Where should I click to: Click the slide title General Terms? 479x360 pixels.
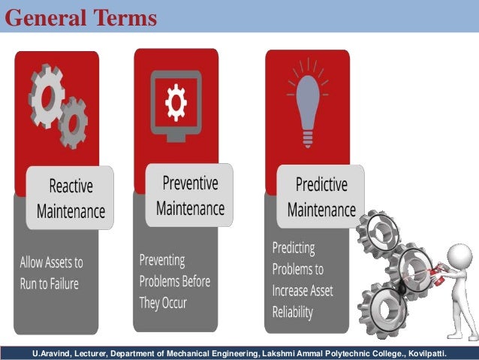point(81,17)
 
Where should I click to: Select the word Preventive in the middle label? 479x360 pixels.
point(190,183)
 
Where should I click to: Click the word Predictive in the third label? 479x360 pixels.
point(321,185)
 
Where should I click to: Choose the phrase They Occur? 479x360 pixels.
point(163,303)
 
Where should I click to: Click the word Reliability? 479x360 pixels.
point(292,311)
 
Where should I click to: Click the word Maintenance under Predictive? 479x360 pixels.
point(321,208)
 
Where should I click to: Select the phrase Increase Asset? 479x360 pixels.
point(302,290)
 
